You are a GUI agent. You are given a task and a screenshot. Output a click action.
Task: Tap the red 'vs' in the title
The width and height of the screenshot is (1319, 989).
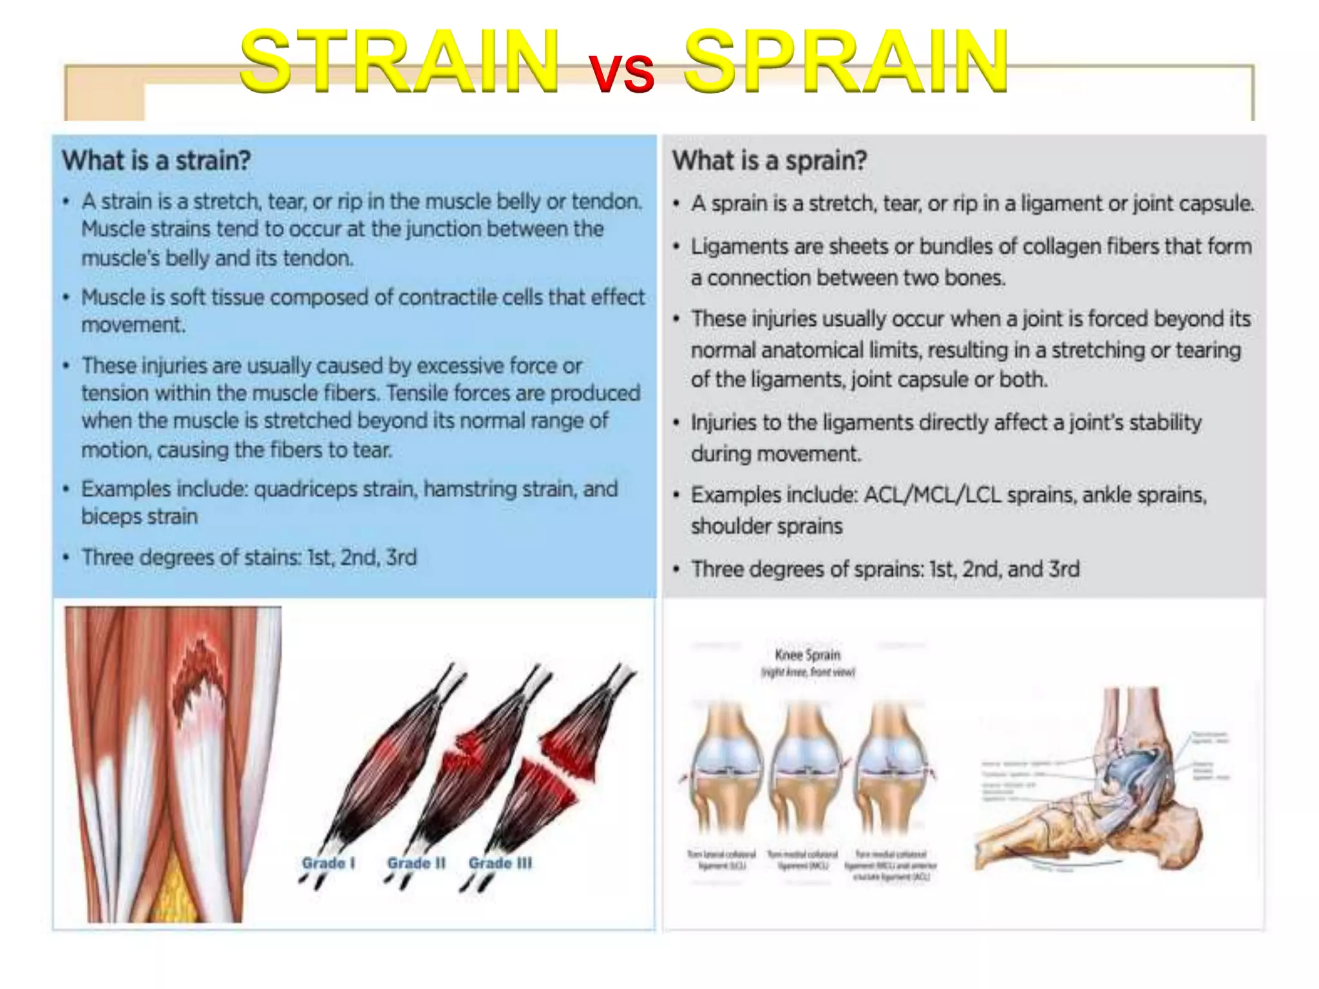(x=621, y=72)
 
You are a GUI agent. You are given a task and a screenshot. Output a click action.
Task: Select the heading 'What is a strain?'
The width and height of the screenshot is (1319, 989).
(x=157, y=160)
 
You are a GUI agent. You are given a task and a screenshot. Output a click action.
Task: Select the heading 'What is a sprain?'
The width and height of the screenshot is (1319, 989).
(x=770, y=160)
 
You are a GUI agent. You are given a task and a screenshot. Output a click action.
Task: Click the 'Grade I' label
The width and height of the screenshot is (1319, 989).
(x=328, y=863)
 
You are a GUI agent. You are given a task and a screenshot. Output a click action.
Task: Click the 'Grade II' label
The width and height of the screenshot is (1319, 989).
(x=416, y=863)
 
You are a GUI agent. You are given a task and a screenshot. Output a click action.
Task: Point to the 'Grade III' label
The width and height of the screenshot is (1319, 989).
(x=500, y=863)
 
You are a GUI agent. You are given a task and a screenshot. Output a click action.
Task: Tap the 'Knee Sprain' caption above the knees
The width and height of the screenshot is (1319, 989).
(x=808, y=655)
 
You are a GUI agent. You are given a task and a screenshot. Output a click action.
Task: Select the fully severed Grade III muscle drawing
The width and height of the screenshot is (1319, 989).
(x=554, y=766)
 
